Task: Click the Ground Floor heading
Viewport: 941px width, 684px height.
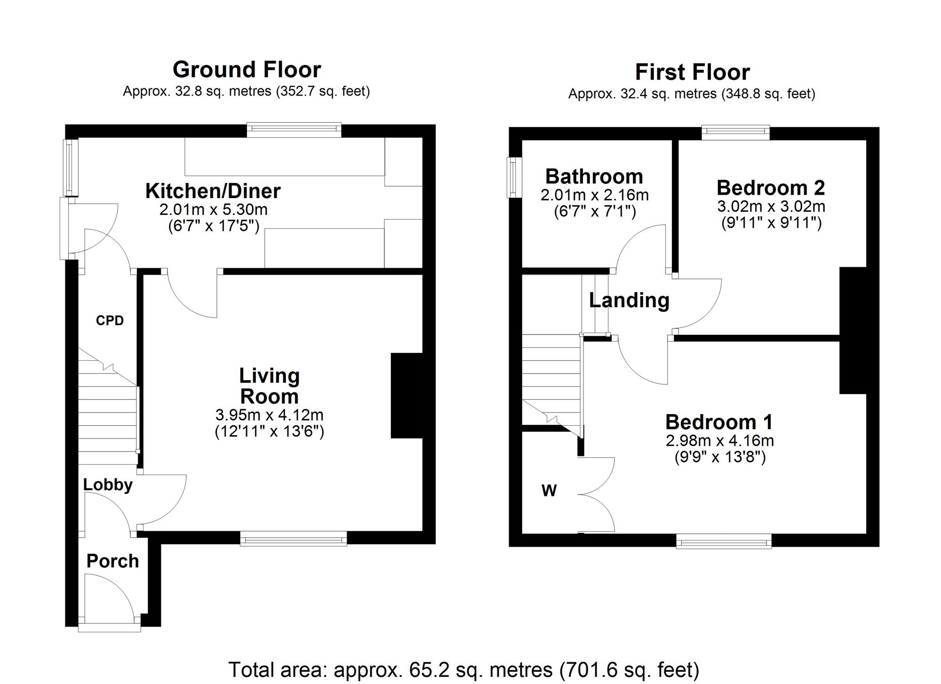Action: [247, 70]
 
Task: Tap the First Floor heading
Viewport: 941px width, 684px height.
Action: [692, 72]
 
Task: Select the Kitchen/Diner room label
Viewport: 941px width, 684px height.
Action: [213, 191]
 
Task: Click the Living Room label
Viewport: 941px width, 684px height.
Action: [269, 386]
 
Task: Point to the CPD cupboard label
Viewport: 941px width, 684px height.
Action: [110, 320]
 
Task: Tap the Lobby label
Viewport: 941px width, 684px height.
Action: [108, 485]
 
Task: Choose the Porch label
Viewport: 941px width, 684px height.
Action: [113, 561]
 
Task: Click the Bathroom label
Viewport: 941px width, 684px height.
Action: [594, 176]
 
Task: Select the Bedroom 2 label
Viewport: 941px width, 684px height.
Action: [771, 187]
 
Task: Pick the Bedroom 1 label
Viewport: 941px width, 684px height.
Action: [719, 422]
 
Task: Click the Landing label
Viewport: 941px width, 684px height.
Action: [629, 300]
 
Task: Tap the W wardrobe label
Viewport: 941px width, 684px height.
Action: [549, 491]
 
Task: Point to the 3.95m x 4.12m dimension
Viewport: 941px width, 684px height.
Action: [270, 415]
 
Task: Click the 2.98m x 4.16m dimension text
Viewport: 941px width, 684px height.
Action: [720, 441]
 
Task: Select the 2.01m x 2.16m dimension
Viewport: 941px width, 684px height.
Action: [595, 195]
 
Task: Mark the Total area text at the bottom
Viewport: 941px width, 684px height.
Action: [463, 669]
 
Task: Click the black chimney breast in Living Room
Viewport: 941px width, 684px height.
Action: [407, 396]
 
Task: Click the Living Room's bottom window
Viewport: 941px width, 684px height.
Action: [293, 538]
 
